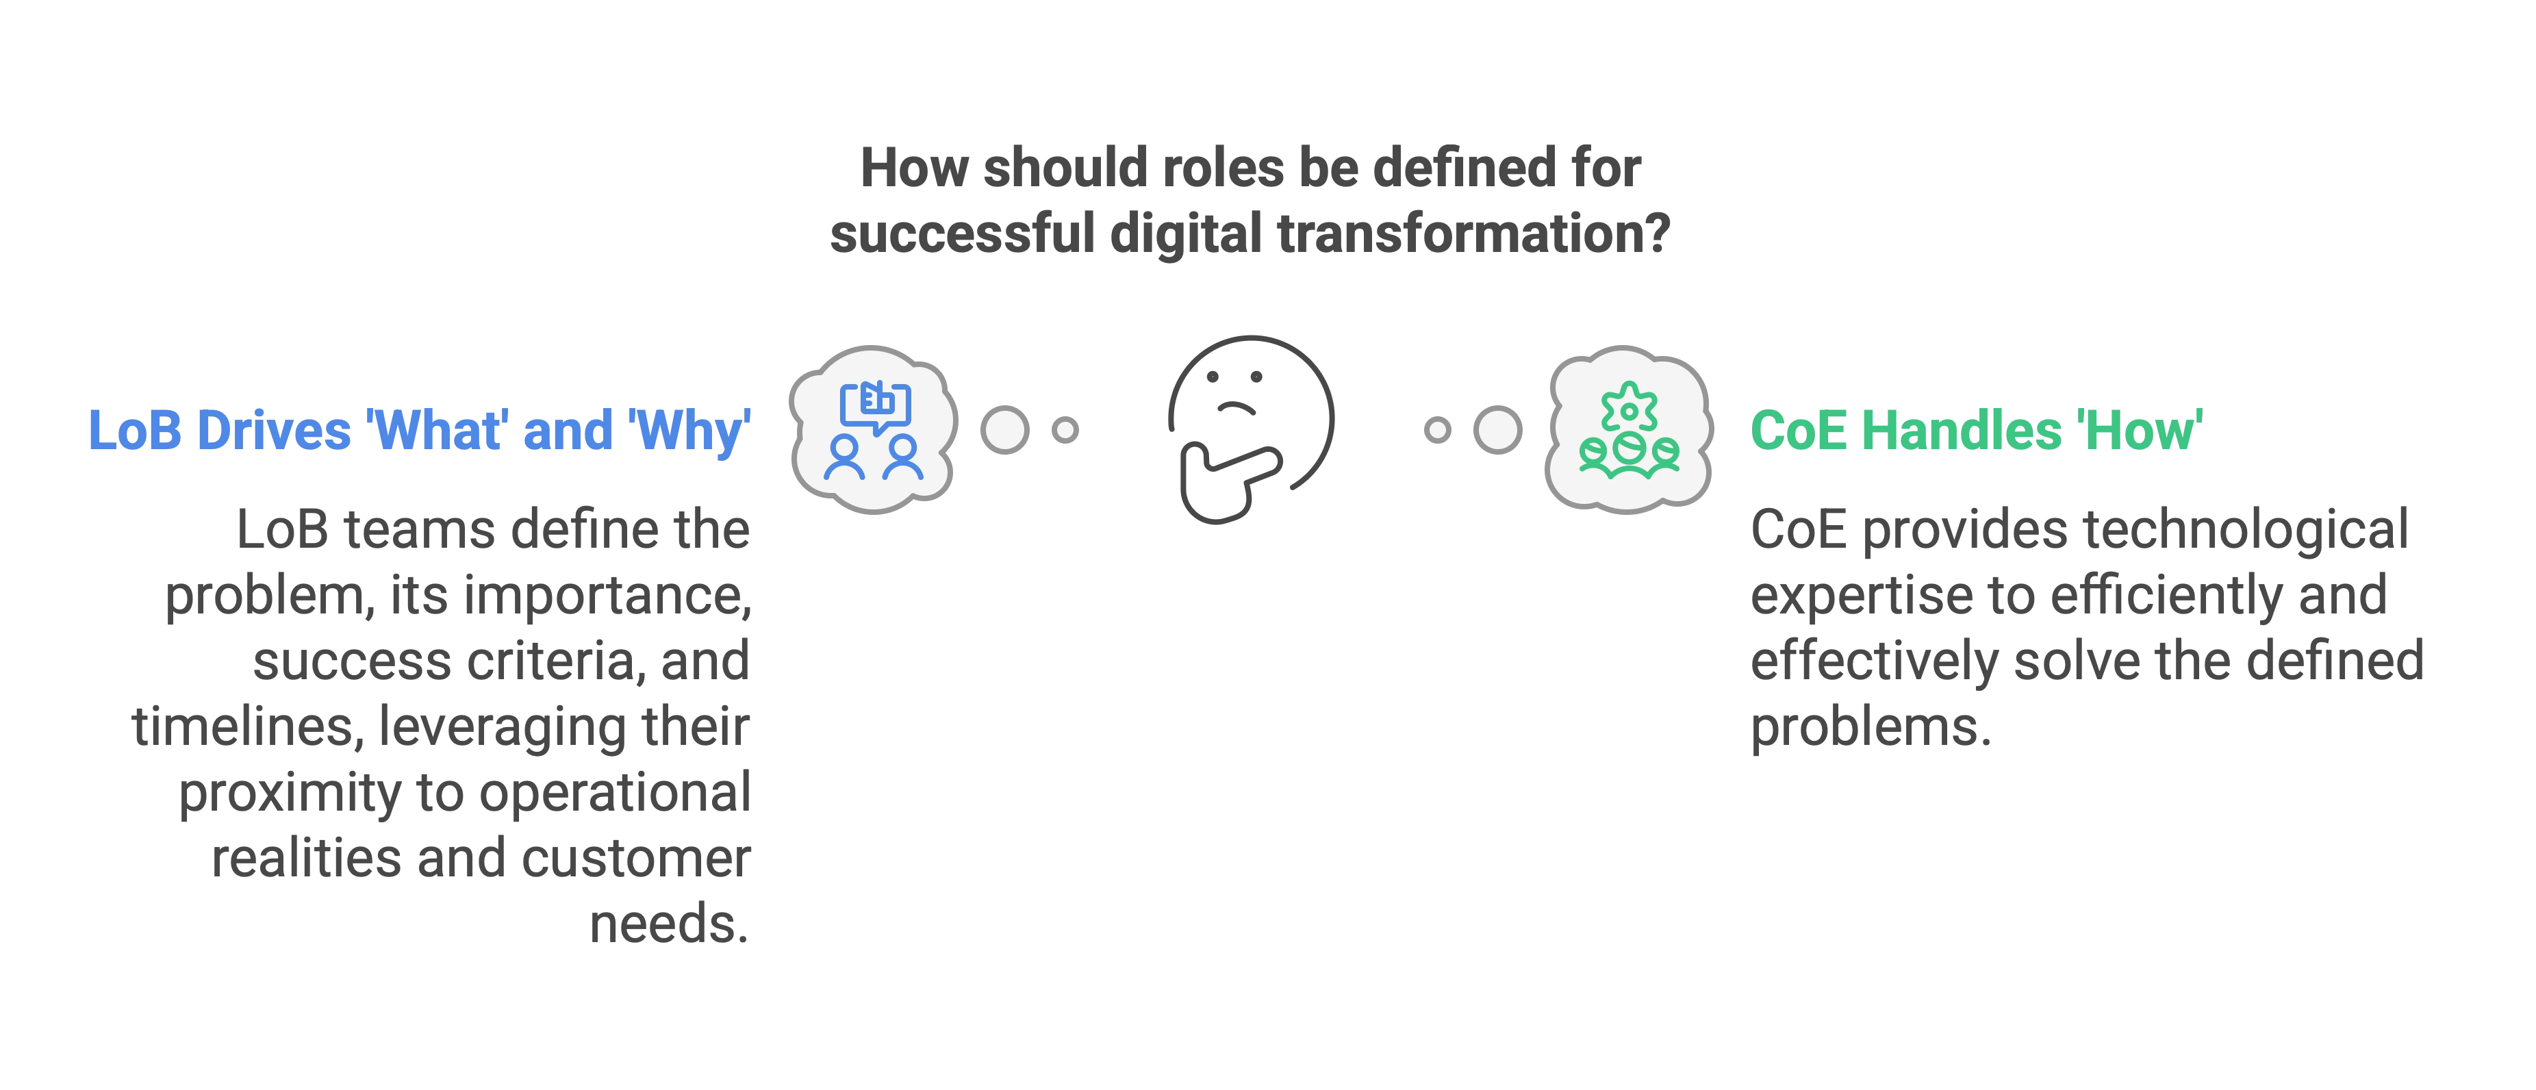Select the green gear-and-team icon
click(x=1628, y=429)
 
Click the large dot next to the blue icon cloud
click(x=1004, y=430)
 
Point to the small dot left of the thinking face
click(x=1065, y=430)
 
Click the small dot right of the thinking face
click(x=1437, y=430)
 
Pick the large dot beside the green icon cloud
click(x=1497, y=430)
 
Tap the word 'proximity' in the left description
click(x=290, y=793)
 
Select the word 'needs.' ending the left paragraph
click(x=670, y=924)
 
